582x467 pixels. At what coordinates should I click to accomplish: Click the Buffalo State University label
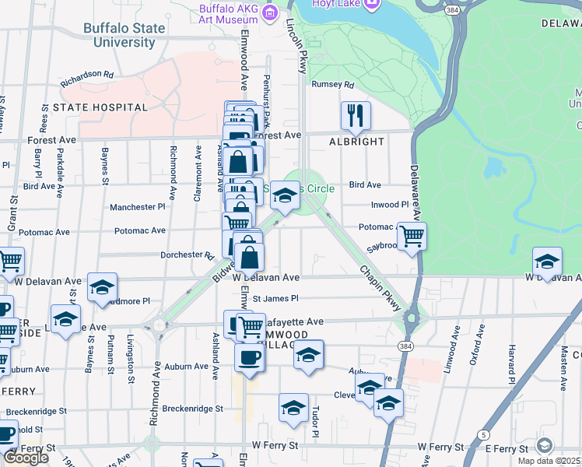pyautogui.click(x=124, y=35)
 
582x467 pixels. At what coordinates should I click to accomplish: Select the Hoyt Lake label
pyautogui.click(x=334, y=3)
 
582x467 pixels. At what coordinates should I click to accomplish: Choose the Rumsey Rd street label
pyautogui.click(x=332, y=85)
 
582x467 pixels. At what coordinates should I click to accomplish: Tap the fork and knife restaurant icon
pyautogui.click(x=356, y=116)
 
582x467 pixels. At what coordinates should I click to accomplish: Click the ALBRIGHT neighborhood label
pyautogui.click(x=356, y=142)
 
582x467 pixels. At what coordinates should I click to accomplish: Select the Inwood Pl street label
pyautogui.click(x=390, y=205)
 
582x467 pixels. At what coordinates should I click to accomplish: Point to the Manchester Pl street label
pyautogui.click(x=138, y=207)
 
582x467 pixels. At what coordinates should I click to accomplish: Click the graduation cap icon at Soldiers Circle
pyautogui.click(x=285, y=195)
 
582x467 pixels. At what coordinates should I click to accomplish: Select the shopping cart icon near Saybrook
pyautogui.click(x=411, y=236)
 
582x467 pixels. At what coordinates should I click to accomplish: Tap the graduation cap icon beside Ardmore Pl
pyautogui.click(x=101, y=287)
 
